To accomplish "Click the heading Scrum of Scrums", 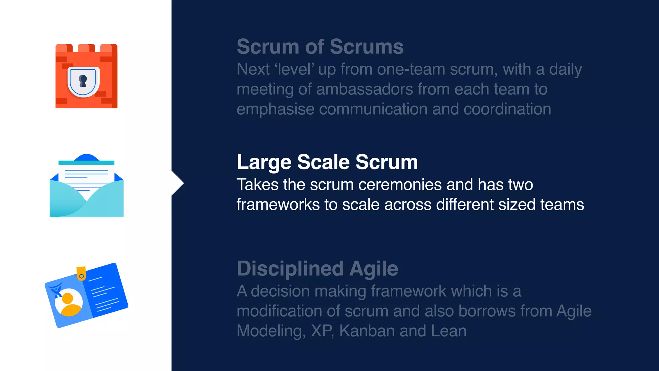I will click(320, 47).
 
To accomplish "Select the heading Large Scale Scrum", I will click(327, 162).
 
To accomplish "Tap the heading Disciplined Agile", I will click(317, 269).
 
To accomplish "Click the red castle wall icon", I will click(86, 76).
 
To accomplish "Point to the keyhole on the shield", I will click(83, 81).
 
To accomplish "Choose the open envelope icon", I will click(87, 186).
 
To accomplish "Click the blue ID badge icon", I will click(86, 295).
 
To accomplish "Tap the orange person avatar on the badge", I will click(69, 303).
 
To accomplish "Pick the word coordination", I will click(507, 109).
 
